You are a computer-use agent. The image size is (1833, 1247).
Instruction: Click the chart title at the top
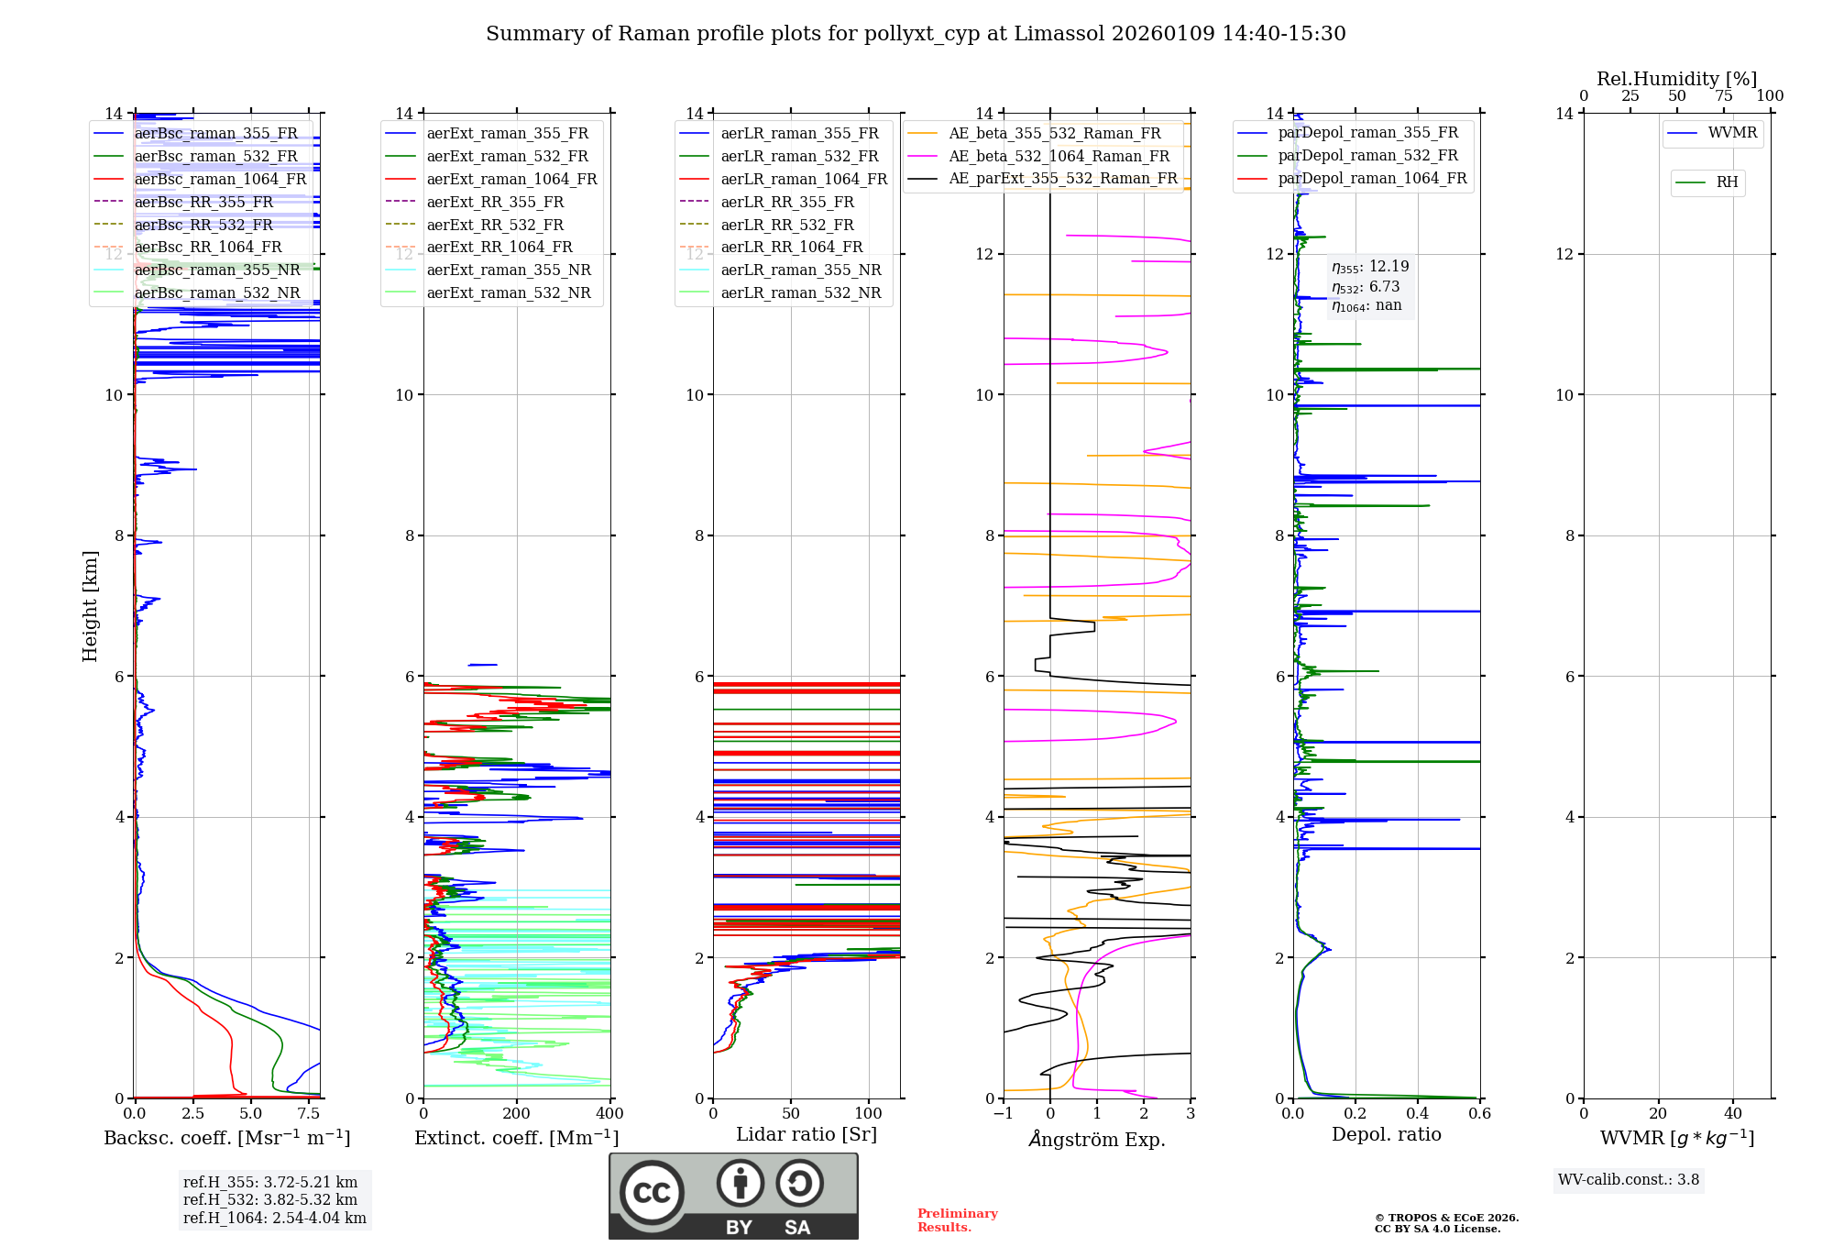pyautogui.click(x=916, y=34)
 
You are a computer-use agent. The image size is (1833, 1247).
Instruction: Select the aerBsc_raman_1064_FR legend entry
pyautogui.click(x=220, y=179)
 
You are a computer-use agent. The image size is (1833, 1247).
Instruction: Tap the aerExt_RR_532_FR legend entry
pyautogui.click(x=495, y=225)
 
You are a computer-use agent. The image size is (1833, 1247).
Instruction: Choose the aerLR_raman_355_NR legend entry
pyautogui.click(x=800, y=270)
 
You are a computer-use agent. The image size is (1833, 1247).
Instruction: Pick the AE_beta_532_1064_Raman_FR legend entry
pyautogui.click(x=1059, y=156)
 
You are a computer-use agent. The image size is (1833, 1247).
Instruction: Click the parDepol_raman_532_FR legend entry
pyautogui.click(x=1367, y=156)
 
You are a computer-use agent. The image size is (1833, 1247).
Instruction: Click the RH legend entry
pyautogui.click(x=1727, y=182)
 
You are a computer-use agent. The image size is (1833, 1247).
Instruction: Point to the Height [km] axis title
pyautogui.click(x=90, y=605)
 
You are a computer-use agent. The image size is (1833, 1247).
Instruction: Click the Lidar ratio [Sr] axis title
pyautogui.click(x=807, y=1134)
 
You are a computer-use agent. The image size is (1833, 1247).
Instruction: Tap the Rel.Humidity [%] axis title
pyautogui.click(x=1676, y=79)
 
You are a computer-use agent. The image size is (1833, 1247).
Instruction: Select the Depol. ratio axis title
pyautogui.click(x=1386, y=1134)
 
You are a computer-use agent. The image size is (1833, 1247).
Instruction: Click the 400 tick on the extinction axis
pyautogui.click(x=609, y=1113)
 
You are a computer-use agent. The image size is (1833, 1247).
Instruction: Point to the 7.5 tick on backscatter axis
pyautogui.click(x=309, y=1113)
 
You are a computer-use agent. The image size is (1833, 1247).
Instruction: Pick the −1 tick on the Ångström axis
pyautogui.click(x=1004, y=1113)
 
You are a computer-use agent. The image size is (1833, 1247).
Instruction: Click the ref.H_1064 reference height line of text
pyautogui.click(x=274, y=1218)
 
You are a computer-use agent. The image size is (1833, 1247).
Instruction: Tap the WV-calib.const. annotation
pyautogui.click(x=1629, y=1179)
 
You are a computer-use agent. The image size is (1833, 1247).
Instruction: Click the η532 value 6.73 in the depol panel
pyautogui.click(x=1384, y=287)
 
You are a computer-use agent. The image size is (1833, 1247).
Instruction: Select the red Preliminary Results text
pyautogui.click(x=957, y=1219)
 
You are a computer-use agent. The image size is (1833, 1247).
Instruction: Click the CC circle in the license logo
pyautogui.click(x=652, y=1192)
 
